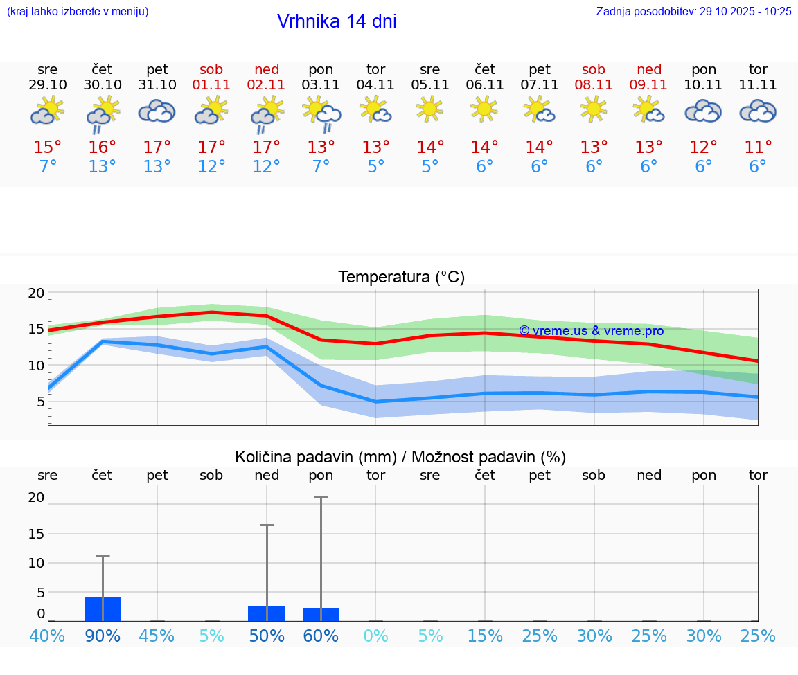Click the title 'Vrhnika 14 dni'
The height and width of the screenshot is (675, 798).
click(337, 21)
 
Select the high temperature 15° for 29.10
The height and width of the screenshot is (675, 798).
click(48, 147)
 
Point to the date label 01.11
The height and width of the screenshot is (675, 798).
click(211, 85)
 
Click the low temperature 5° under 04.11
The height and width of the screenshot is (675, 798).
click(375, 167)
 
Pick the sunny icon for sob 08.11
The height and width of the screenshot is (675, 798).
click(594, 109)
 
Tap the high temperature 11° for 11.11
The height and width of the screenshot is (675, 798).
click(758, 147)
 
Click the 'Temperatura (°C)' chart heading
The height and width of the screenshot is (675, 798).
click(401, 278)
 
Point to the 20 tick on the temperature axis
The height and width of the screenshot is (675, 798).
click(36, 293)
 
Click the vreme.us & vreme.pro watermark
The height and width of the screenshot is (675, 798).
click(591, 331)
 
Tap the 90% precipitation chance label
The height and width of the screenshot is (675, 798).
click(103, 636)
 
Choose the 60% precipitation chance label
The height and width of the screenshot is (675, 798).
click(321, 636)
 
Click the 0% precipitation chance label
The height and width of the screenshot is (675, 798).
click(375, 636)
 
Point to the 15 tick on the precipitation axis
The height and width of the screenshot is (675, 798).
click(36, 534)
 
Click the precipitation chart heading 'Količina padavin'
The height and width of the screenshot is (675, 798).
click(400, 457)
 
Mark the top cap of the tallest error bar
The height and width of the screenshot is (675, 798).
click(321, 496)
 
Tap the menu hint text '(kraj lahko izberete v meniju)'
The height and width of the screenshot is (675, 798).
click(78, 11)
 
